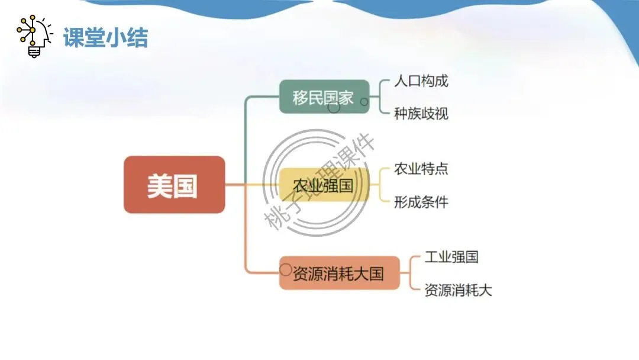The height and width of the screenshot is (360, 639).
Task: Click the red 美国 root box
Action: point(174,185)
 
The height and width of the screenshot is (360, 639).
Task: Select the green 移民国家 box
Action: point(324,97)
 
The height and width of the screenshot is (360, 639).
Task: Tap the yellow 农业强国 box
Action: point(323,185)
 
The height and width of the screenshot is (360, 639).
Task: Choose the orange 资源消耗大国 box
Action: point(339,273)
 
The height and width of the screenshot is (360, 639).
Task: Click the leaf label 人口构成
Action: point(421,81)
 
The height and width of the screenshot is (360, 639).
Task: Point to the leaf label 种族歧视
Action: point(421,113)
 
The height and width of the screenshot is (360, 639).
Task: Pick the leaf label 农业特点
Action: point(421,169)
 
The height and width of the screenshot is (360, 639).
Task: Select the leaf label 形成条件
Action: point(421,202)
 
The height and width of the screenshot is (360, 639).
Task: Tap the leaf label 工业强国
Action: point(451,257)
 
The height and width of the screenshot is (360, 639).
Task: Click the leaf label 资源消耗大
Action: point(459,290)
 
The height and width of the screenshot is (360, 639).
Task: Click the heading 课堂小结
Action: point(105,37)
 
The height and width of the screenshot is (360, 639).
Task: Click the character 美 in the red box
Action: point(159,186)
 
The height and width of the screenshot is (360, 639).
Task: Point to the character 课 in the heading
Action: point(74,37)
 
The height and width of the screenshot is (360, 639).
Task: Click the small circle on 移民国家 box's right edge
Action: point(364,102)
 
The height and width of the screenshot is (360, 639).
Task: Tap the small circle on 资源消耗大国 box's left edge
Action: point(285,269)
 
